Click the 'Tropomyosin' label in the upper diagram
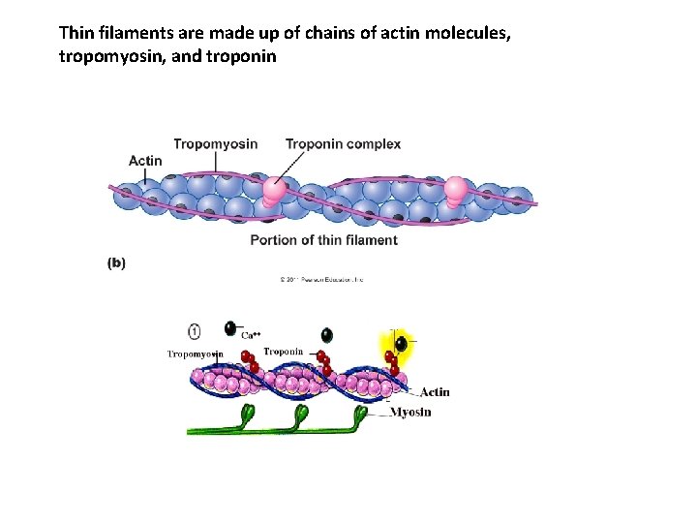click(215, 144)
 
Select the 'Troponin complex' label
click(343, 144)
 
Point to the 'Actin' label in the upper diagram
click(145, 161)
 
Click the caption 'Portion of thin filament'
click(323, 240)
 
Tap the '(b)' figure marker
click(116, 261)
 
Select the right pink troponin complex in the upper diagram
click(455, 190)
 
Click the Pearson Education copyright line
click(321, 279)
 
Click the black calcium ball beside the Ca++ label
click(230, 328)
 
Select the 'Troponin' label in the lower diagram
click(284, 352)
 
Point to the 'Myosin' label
click(410, 412)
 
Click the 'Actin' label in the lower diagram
click(435, 392)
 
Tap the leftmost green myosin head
click(245, 414)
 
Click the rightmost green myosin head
click(361, 414)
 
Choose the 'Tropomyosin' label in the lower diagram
click(195, 354)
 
